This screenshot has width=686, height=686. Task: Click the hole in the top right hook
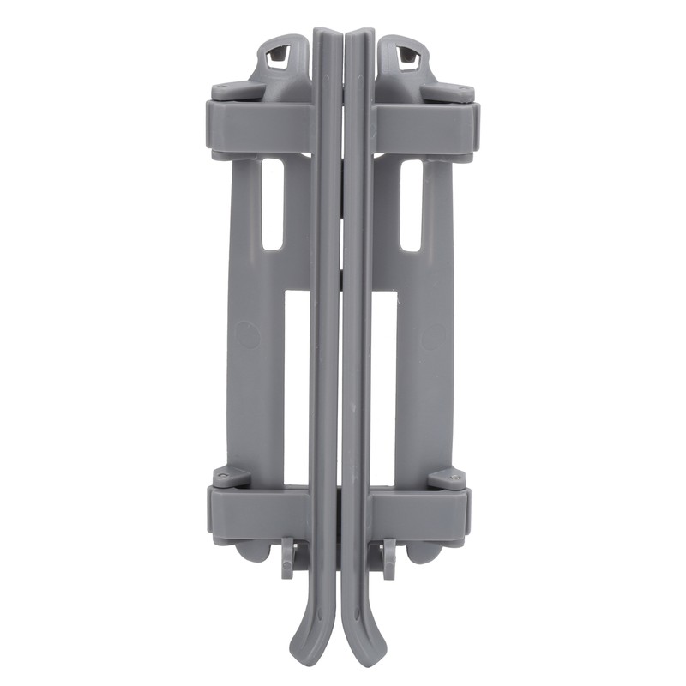pyautogui.click(x=409, y=58)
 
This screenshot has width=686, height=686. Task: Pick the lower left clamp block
pyautogui.click(x=257, y=511)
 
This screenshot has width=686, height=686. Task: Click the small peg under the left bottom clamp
pyautogui.click(x=288, y=556)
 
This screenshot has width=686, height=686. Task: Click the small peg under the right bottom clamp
pyautogui.click(x=389, y=557)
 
